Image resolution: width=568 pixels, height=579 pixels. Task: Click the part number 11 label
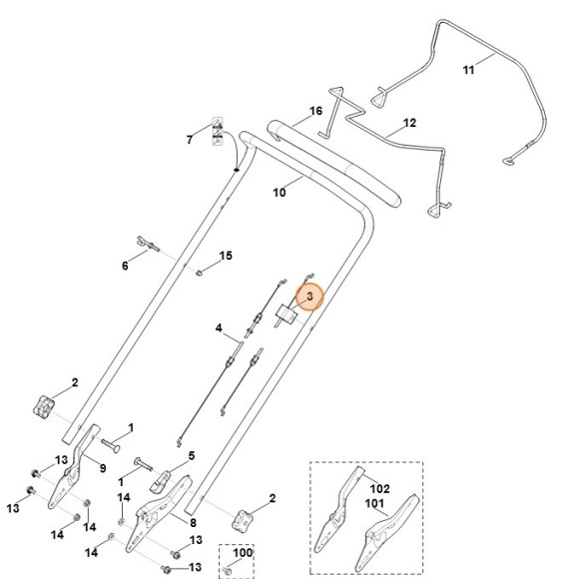pyautogui.click(x=468, y=69)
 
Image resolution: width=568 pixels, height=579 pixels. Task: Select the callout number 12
pyautogui.click(x=408, y=124)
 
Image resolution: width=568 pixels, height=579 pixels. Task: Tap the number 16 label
pyautogui.click(x=315, y=111)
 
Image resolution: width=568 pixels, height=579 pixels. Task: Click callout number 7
pyautogui.click(x=189, y=139)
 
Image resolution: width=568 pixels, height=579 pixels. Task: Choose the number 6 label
pyautogui.click(x=125, y=266)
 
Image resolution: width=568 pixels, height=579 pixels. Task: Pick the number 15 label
pyautogui.click(x=226, y=257)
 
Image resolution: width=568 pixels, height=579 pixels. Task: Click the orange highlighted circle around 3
pyautogui.click(x=308, y=296)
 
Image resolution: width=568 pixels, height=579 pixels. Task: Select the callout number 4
pyautogui.click(x=219, y=327)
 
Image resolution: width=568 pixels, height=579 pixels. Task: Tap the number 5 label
pyautogui.click(x=191, y=456)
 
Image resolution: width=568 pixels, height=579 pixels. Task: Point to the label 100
pyautogui.click(x=243, y=551)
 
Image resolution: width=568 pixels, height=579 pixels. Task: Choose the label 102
pyautogui.click(x=379, y=489)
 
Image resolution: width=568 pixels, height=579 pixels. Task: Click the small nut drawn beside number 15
pyautogui.click(x=200, y=270)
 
